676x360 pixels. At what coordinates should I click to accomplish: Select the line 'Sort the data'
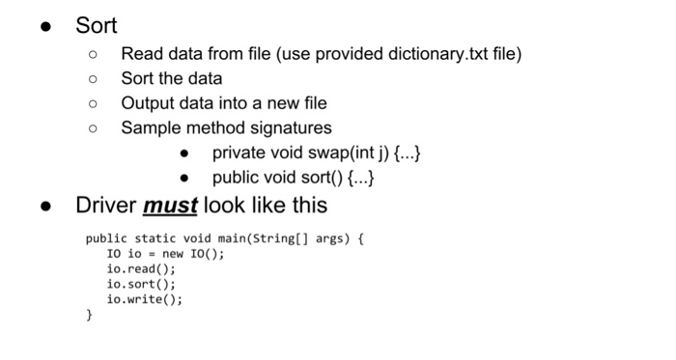click(x=171, y=78)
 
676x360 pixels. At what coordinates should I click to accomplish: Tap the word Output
click(x=149, y=103)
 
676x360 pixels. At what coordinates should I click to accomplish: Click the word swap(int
click(x=331, y=152)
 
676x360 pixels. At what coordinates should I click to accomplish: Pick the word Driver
click(x=106, y=206)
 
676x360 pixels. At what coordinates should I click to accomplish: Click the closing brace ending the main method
click(x=89, y=315)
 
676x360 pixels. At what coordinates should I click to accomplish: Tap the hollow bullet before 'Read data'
click(x=93, y=55)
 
